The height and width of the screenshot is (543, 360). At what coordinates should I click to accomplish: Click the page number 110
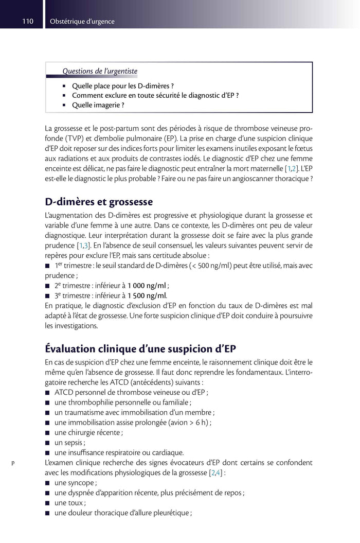coord(28,22)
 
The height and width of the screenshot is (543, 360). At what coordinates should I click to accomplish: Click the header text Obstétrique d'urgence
coord(82,22)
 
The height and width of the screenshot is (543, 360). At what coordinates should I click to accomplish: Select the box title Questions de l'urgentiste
coord(100,71)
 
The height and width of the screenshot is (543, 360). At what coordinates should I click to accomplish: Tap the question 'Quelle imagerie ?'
coord(98,105)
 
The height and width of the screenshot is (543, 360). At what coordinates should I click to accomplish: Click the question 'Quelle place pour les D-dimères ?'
coord(122,85)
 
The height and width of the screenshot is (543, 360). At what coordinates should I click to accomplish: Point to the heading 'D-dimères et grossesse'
coord(99,202)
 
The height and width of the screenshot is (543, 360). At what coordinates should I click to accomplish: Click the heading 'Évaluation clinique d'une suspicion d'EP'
coord(140,349)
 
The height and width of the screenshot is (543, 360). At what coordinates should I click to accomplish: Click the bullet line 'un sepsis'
coord(69,443)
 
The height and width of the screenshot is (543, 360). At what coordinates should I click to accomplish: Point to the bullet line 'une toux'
coord(69,503)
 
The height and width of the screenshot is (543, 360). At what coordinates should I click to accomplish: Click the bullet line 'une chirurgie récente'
coord(88,432)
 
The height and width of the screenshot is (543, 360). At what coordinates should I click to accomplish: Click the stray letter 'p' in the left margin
coord(13,463)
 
